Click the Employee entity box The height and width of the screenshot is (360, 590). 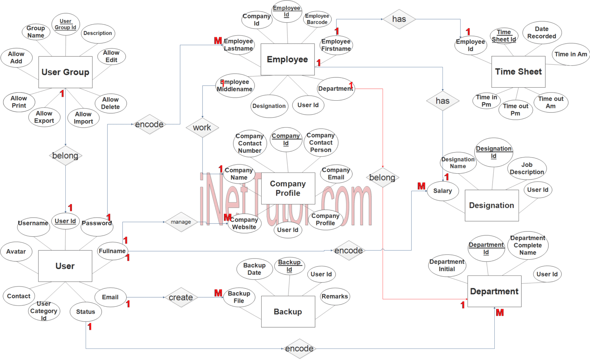pos(287,60)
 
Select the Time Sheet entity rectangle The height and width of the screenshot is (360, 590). pos(518,72)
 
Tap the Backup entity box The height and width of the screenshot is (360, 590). pos(288,312)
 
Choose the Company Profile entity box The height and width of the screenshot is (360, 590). pos(288,188)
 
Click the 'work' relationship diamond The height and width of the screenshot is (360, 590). pos(202,128)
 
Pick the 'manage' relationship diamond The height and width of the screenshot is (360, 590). pos(181,222)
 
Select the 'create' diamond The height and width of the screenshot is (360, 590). pos(181,297)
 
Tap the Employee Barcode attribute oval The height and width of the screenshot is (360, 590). pos(317,19)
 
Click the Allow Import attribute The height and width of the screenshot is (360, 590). pos(83,118)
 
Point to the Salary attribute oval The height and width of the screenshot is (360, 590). pos(442,191)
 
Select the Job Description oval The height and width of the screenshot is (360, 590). pos(527,168)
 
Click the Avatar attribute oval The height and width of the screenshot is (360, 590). pos(16,252)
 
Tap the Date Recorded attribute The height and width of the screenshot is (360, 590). pos(542,33)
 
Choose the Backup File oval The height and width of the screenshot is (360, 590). pos(239,297)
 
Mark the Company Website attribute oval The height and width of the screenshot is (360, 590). pos(244,223)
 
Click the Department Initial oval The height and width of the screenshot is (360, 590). pos(447,265)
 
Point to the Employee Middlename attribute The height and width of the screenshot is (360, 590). pos(235,86)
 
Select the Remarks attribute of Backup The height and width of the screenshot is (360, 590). pos(335,297)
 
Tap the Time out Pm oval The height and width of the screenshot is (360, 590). pos(515,109)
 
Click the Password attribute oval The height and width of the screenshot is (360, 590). pos(97,224)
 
